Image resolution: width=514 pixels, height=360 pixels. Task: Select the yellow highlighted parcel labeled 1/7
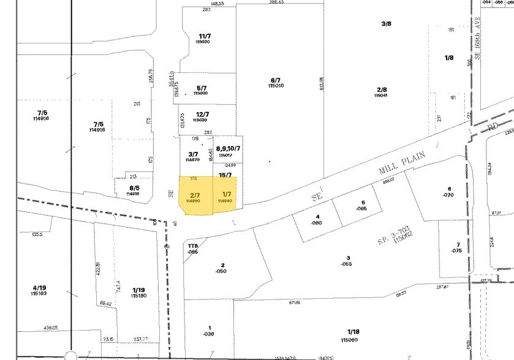tap(225, 195)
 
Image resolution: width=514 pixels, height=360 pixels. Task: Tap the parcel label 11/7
tap(204, 37)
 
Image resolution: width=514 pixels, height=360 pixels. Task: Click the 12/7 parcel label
tap(203, 114)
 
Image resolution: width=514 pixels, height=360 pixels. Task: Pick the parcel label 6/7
tap(275, 80)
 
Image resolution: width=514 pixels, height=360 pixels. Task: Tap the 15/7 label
tap(225, 175)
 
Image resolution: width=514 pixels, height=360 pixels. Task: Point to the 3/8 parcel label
tap(386, 24)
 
